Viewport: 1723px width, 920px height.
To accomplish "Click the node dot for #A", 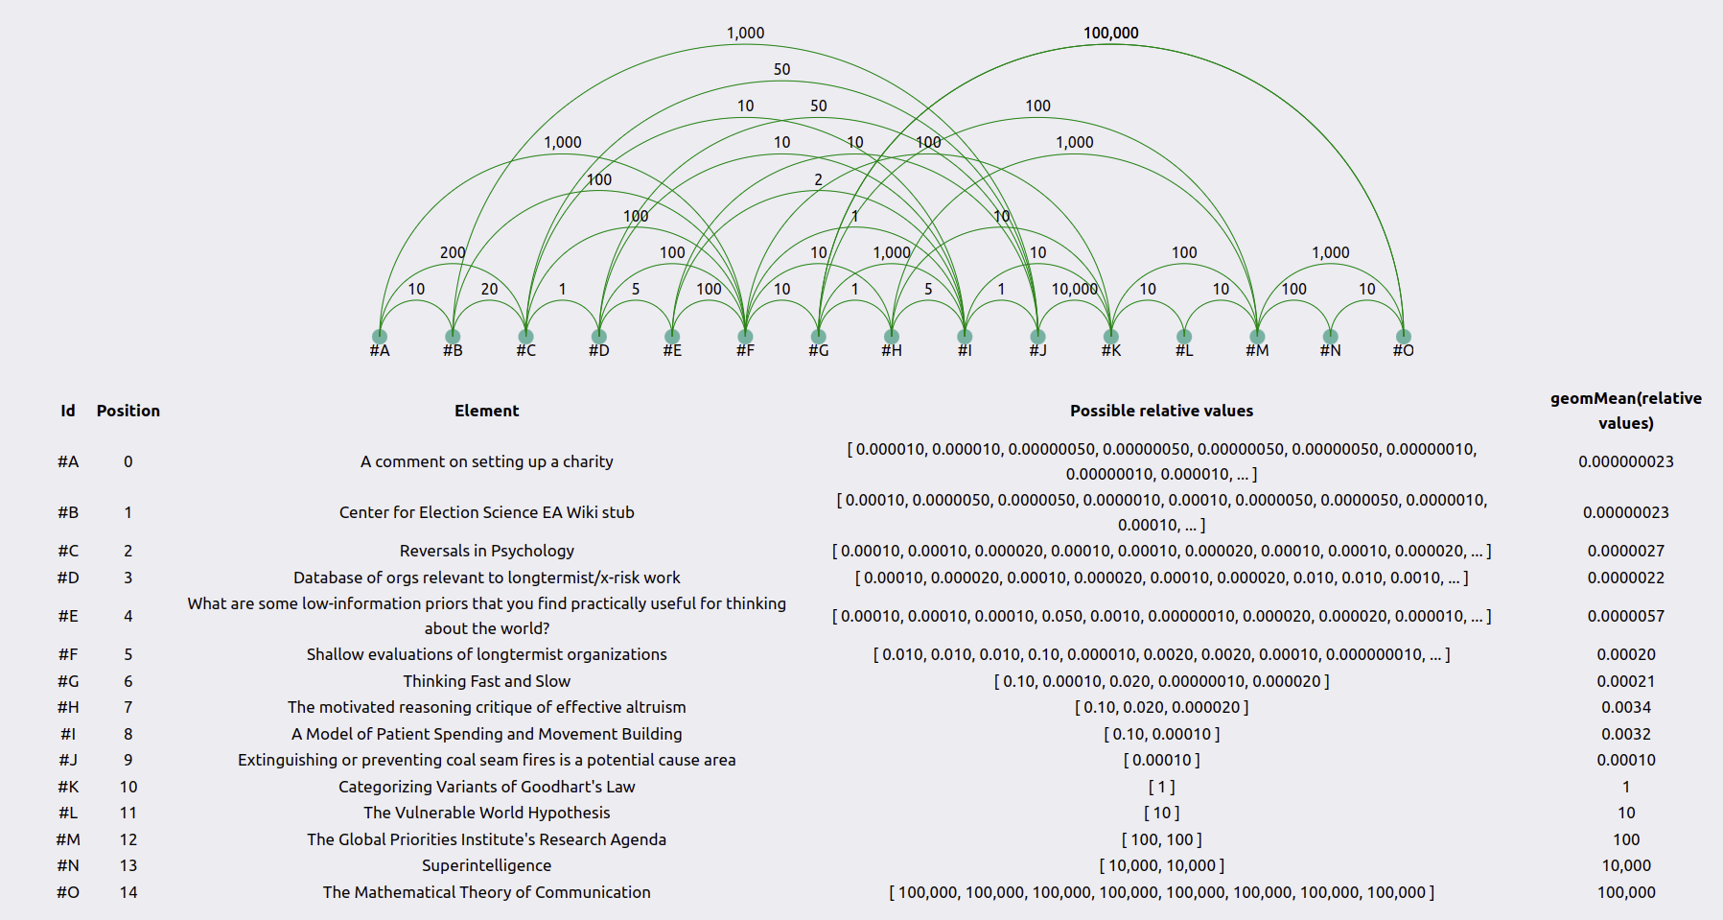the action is click(x=380, y=336).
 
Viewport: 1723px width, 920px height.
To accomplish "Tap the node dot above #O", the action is click(x=1403, y=336).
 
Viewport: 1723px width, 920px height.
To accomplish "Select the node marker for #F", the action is click(x=745, y=336).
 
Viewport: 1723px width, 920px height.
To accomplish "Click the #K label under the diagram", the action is click(x=1110, y=351).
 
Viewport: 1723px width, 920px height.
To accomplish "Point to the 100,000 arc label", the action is click(x=1111, y=33).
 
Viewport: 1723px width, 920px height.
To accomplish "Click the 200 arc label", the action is click(x=453, y=252).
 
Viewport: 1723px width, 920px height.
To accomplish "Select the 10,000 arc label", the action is click(x=1074, y=289).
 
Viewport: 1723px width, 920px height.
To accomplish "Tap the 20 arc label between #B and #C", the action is click(x=489, y=289).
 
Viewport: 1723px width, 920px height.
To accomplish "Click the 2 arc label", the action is click(x=818, y=179).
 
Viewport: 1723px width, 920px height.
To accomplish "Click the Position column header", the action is click(x=128, y=411).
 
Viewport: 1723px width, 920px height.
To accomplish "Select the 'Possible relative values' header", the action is click(x=1161, y=411).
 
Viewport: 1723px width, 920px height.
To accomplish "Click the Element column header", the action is click(x=487, y=411).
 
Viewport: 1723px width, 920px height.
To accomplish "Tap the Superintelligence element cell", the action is click(x=487, y=865).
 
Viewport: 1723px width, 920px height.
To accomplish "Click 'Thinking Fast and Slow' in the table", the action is click(x=487, y=681).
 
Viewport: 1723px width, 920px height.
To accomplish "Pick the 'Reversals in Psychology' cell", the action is click(x=487, y=551).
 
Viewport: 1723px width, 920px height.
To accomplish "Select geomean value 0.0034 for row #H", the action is click(x=1626, y=707).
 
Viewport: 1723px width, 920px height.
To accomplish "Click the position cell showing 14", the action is click(x=128, y=892).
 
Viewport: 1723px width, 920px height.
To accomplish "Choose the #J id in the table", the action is click(x=68, y=760).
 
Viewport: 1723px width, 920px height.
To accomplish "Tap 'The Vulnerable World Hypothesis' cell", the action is click(x=487, y=813).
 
